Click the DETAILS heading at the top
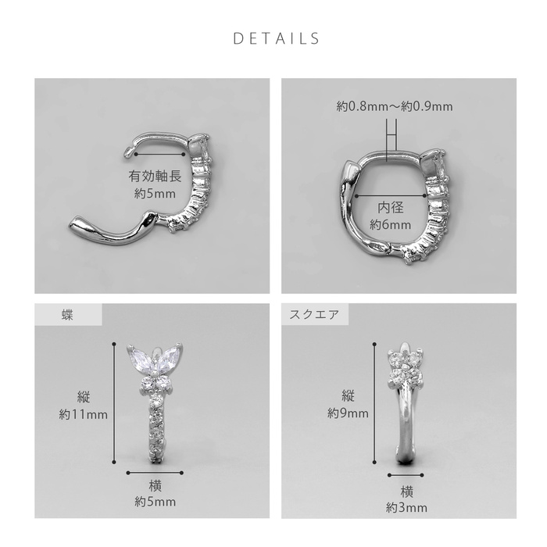pos(276,38)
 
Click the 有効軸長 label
pos(155,176)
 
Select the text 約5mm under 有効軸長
pos(155,193)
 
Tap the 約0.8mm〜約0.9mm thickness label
pos(395,106)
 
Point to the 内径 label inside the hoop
pos(391,208)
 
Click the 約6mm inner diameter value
pos(391,224)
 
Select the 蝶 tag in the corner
pos(67,315)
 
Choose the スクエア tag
pos(314,314)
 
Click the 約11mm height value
pos(84,414)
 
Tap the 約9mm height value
pos(348,413)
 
